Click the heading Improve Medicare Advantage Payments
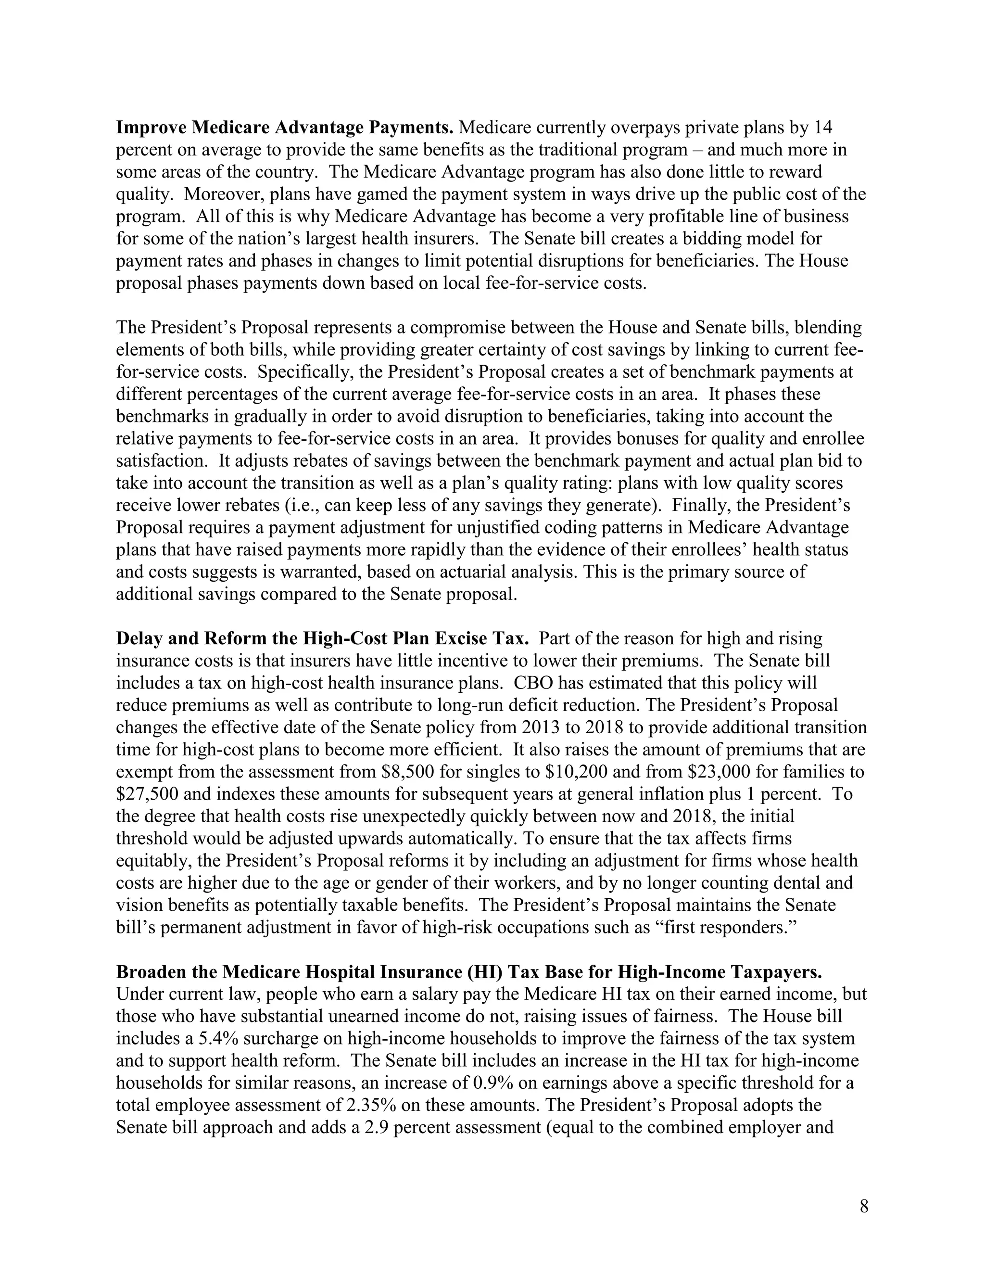click(285, 127)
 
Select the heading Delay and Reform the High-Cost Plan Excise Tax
click(322, 638)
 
